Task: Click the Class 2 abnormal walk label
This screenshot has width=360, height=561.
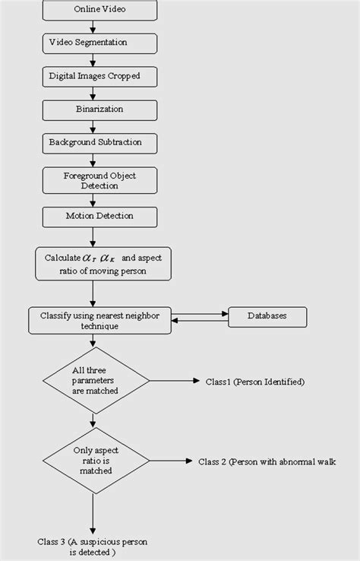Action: (267, 461)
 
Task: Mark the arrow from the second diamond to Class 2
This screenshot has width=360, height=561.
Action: (167, 461)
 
